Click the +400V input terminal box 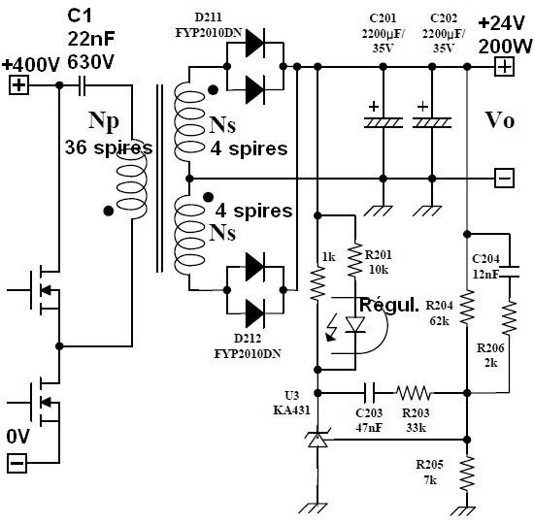point(18,85)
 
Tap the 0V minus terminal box point(17,464)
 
